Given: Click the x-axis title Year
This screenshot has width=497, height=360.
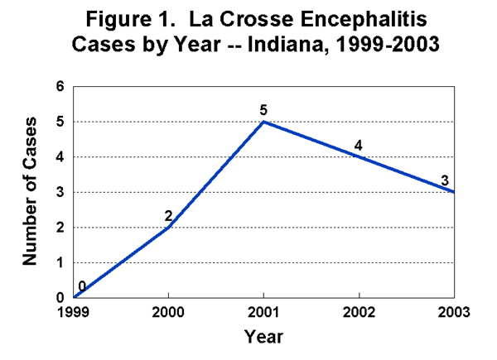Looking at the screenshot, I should point(263,337).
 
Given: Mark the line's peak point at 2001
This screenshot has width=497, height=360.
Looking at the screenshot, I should point(263,122).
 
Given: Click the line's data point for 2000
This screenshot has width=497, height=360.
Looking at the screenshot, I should point(169,227).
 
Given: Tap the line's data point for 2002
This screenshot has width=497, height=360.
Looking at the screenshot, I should point(359,156).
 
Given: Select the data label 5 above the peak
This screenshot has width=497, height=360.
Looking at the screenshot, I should point(263,108).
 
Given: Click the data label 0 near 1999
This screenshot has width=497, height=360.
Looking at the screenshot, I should point(81,286).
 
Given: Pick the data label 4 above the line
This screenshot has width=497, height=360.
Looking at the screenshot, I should point(359,145).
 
